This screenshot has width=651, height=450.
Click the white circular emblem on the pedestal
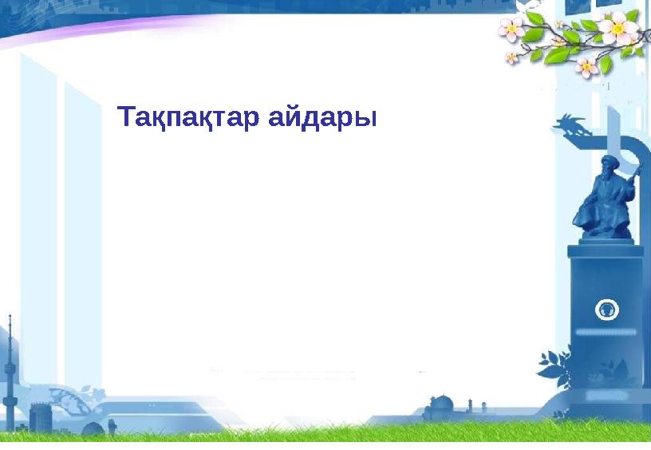click(x=607, y=309)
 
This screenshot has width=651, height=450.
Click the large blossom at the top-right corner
click(x=617, y=30)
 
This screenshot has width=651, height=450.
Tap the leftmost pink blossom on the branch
click(x=511, y=30)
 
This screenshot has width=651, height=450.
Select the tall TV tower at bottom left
click(x=10, y=367)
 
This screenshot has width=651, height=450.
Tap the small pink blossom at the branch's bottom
click(x=586, y=66)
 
